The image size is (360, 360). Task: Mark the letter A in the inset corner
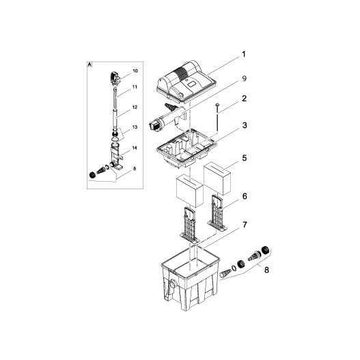pos(90,62)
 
